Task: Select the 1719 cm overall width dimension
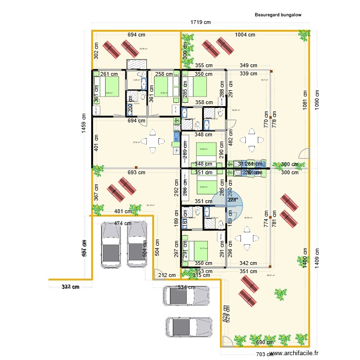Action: [201, 23]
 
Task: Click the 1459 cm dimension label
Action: [84, 127]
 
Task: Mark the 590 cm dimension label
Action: [265, 342]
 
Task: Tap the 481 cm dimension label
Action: [123, 211]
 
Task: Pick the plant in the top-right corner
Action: [303, 35]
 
